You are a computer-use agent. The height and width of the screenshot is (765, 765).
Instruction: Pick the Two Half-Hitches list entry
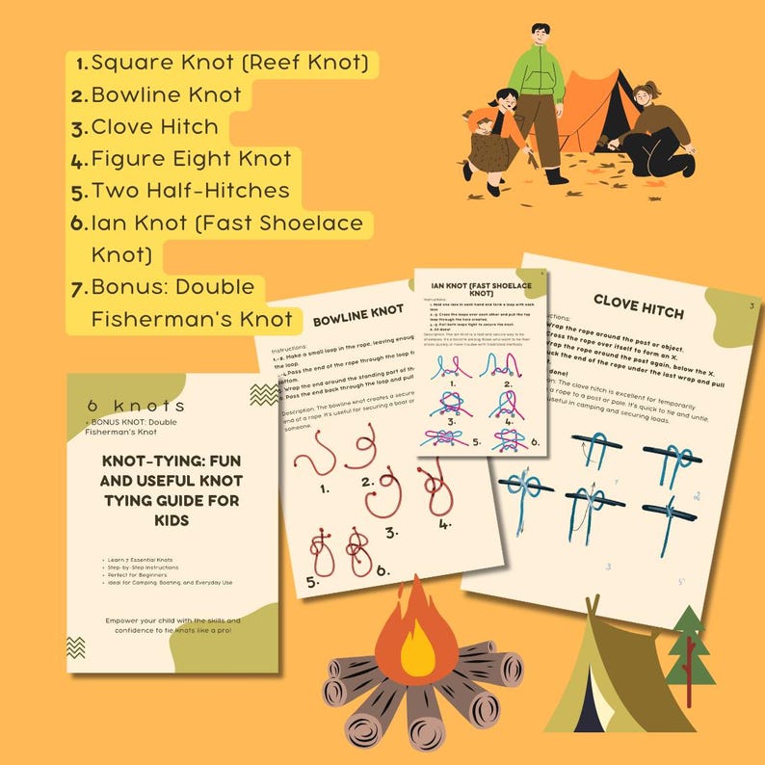click(x=189, y=190)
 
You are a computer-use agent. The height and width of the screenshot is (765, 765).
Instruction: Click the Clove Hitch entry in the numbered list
click(x=154, y=126)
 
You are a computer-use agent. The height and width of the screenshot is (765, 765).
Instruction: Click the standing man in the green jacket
click(x=538, y=96)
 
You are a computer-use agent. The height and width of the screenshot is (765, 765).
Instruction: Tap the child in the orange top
click(x=491, y=140)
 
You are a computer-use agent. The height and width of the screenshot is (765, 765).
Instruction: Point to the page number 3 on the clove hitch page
click(x=751, y=307)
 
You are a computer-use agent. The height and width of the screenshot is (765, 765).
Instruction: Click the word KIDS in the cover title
click(x=171, y=520)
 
